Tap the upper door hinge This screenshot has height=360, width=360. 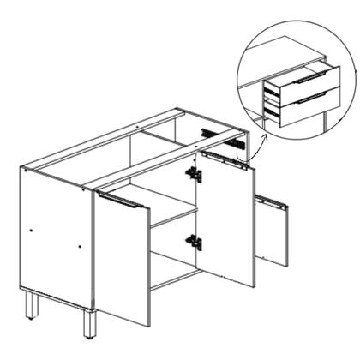click(195, 175)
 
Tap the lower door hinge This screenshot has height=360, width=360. click(195, 243)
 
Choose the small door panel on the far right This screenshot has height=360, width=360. click(272, 231)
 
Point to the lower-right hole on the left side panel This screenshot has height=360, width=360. click(80, 247)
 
